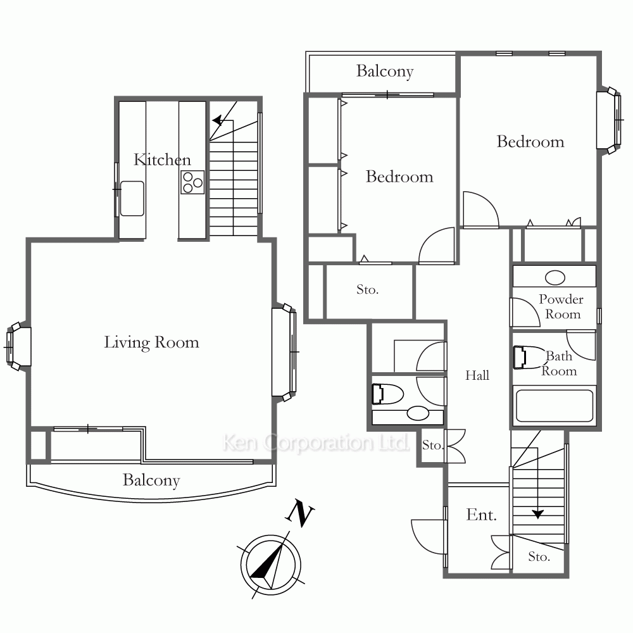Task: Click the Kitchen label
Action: coord(162,160)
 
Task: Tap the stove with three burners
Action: coord(192,182)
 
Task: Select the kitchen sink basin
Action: coord(132,198)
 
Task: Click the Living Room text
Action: coord(151,342)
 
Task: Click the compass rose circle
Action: coord(270,565)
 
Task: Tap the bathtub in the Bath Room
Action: coord(555,405)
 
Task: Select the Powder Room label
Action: coord(561,307)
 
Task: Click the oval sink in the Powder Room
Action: coord(555,278)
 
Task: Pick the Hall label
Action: coord(477,375)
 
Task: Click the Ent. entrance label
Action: coord(481,515)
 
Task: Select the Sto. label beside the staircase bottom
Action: coord(539,556)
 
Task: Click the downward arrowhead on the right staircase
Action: coord(537,514)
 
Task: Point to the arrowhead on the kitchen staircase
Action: coord(218,120)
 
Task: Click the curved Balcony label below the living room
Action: coord(151,480)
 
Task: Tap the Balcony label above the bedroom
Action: coord(385,72)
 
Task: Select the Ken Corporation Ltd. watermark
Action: coord(316,442)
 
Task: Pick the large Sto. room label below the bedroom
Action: coord(367,289)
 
